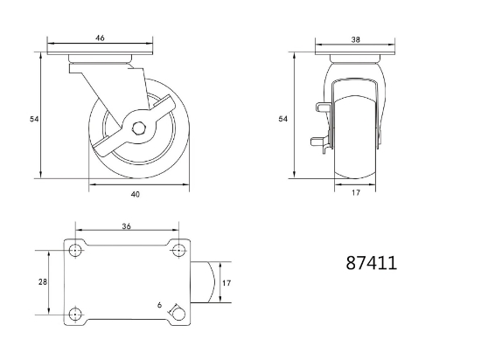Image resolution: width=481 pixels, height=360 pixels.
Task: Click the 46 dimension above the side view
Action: pyautogui.click(x=100, y=38)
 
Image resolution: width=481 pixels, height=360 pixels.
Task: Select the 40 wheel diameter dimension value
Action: pyautogui.click(x=136, y=194)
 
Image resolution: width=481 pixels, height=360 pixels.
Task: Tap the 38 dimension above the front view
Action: pyautogui.click(x=355, y=39)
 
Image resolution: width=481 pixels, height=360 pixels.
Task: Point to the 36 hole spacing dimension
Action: pyautogui.click(x=127, y=226)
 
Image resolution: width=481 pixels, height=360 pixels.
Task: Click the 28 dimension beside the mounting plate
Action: pyautogui.click(x=43, y=282)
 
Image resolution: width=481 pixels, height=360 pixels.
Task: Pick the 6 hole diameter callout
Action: pyautogui.click(x=159, y=305)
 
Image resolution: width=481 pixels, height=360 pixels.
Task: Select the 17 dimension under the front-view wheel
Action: pyautogui.click(x=356, y=193)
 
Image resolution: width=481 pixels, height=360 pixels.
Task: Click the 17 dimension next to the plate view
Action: pyautogui.click(x=227, y=283)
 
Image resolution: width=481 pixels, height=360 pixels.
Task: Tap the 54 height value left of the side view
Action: pyautogui.click(x=34, y=119)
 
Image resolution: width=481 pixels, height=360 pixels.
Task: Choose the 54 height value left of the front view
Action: pyautogui.click(x=282, y=119)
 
